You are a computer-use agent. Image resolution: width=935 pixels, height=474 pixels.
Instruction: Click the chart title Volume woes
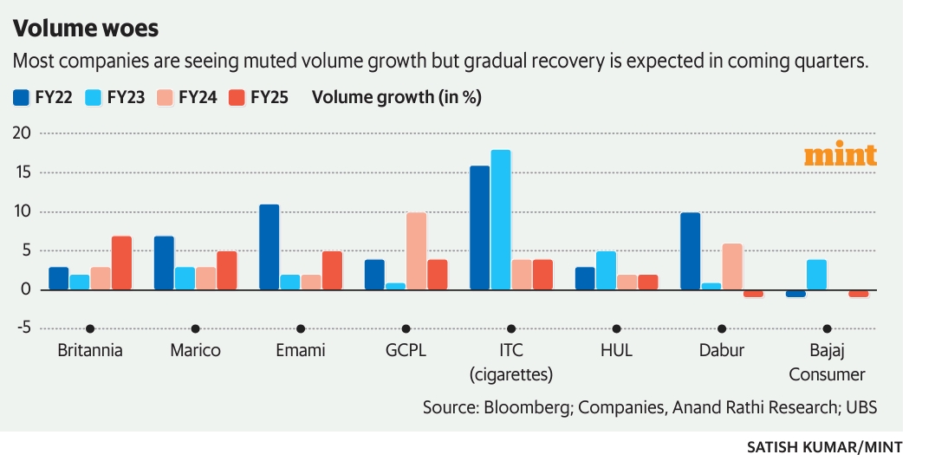(85, 28)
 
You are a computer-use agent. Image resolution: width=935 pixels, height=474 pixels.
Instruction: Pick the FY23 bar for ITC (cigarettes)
(501, 220)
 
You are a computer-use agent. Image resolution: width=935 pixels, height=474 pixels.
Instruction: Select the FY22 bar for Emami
(269, 247)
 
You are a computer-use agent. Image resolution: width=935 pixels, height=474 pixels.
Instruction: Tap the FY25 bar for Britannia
(121, 263)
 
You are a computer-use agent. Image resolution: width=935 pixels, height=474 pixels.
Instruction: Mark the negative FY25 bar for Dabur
(754, 294)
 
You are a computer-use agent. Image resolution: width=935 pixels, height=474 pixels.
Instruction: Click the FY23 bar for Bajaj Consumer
(816, 275)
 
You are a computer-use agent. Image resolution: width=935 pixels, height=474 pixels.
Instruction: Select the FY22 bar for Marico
(164, 263)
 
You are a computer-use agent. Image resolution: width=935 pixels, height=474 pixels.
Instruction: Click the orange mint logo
(840, 155)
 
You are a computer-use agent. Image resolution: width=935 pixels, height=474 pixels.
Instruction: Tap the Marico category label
(195, 351)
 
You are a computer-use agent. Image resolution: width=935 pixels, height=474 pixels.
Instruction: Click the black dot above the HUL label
(616, 329)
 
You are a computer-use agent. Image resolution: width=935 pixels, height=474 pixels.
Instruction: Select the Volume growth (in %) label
(396, 97)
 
